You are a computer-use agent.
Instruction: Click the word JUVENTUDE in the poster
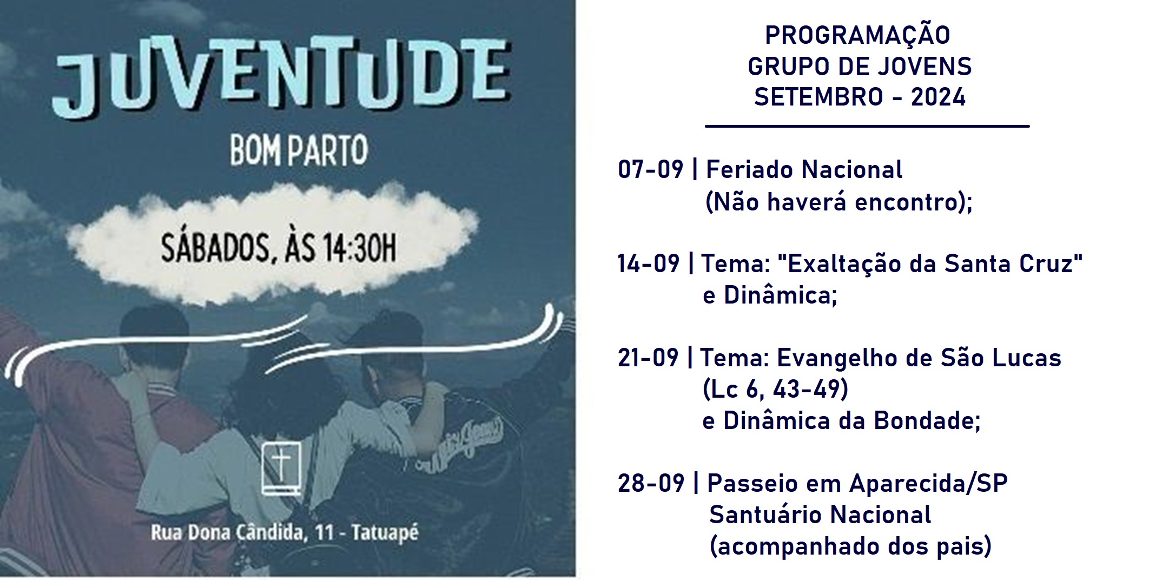coord(281,76)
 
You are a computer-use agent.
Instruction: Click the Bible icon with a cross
coord(281,469)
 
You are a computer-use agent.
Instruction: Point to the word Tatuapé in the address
coord(385,532)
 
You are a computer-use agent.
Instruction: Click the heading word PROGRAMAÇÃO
coord(858,36)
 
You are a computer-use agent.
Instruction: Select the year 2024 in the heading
coord(939,97)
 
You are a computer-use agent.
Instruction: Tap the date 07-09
coord(651,170)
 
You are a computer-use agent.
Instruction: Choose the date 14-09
coord(649,264)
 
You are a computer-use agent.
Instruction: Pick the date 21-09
coord(648,358)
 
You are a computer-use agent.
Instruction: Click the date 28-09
coord(651,483)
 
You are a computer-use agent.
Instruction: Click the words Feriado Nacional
coord(804,170)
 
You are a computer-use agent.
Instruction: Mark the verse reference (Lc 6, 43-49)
coord(775,390)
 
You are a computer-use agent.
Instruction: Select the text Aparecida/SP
coord(928,483)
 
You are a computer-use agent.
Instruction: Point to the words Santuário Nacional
coord(820,515)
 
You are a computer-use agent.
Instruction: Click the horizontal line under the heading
coord(867,127)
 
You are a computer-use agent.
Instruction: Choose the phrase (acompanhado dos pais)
coord(850,546)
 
